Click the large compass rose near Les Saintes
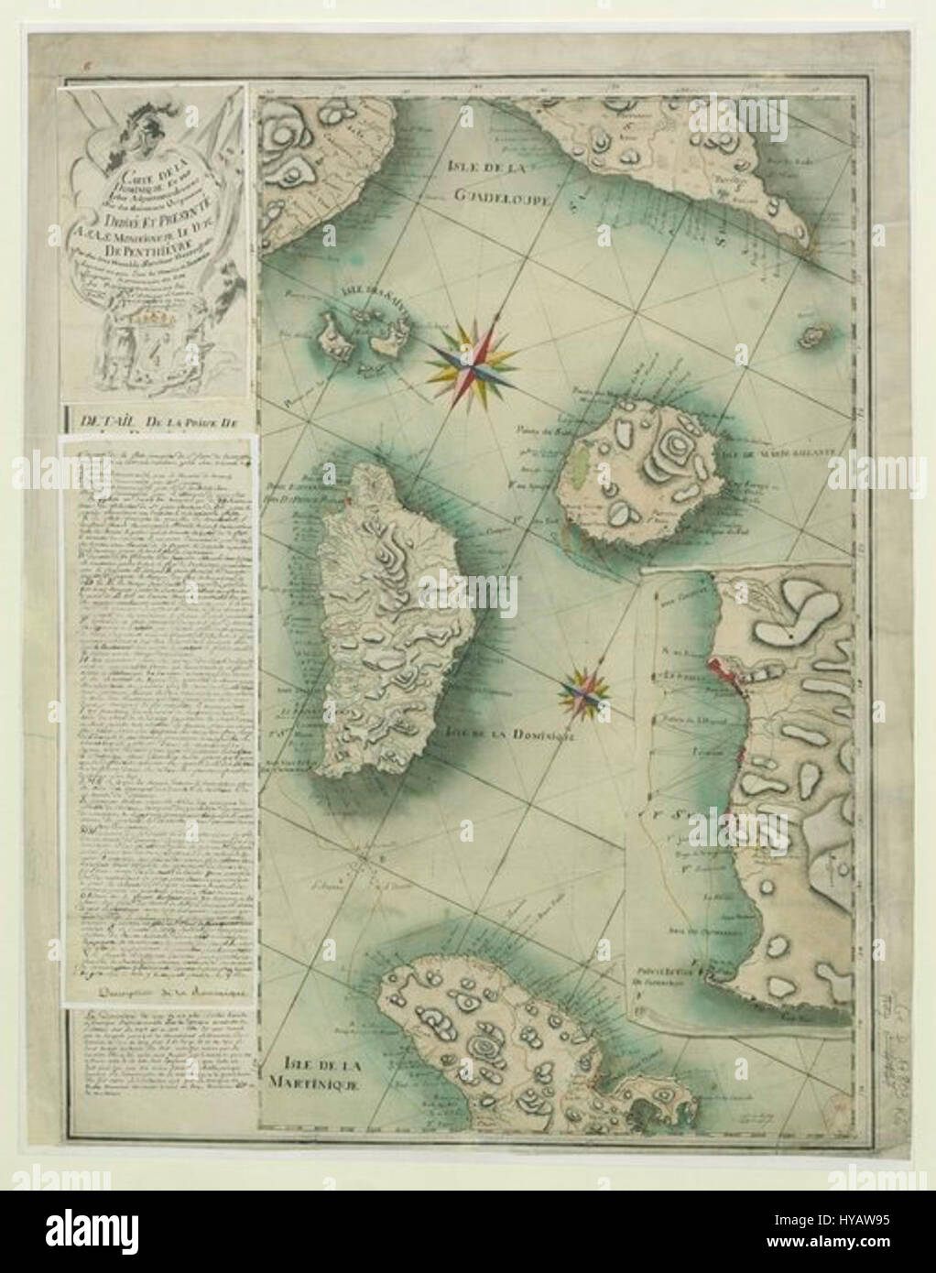click(475, 355)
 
